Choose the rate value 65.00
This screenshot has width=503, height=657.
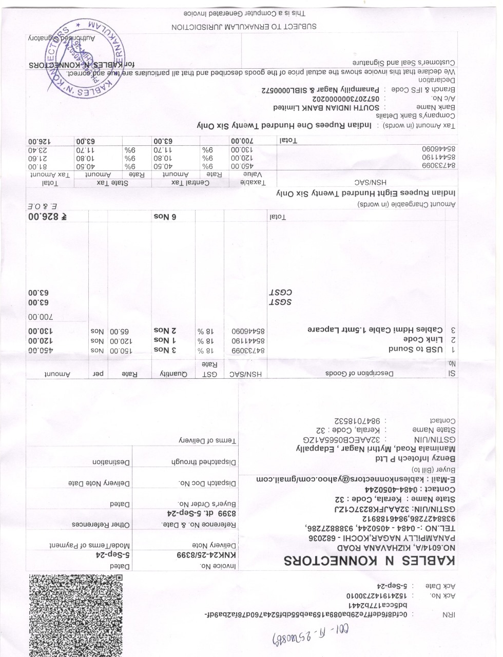pos(120,330)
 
